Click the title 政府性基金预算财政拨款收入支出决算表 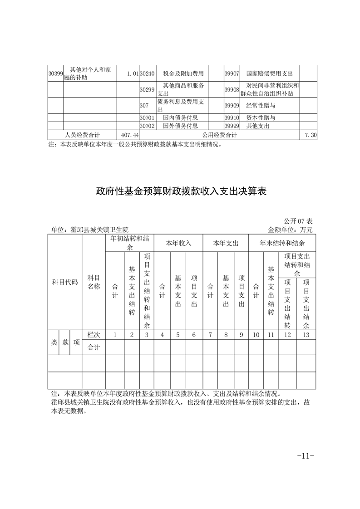tap(180, 191)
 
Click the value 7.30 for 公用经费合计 tap(311, 135)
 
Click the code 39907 tap(232, 73)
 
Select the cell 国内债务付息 tap(180, 118)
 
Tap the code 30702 tap(147, 126)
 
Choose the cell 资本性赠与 tap(261, 118)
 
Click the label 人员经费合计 tap(82, 135)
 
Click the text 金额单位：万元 tap(291, 230)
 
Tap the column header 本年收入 tap(178, 243)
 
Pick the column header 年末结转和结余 tap(282, 243)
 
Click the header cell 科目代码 tap(65, 282)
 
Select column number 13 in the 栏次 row tap(306, 335)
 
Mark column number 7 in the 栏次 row tap(210, 335)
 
